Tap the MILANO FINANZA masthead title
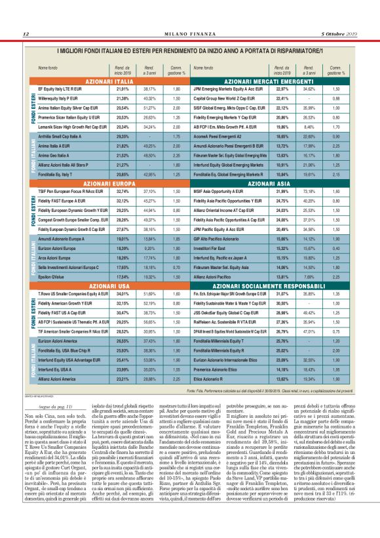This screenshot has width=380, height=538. [190, 34]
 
